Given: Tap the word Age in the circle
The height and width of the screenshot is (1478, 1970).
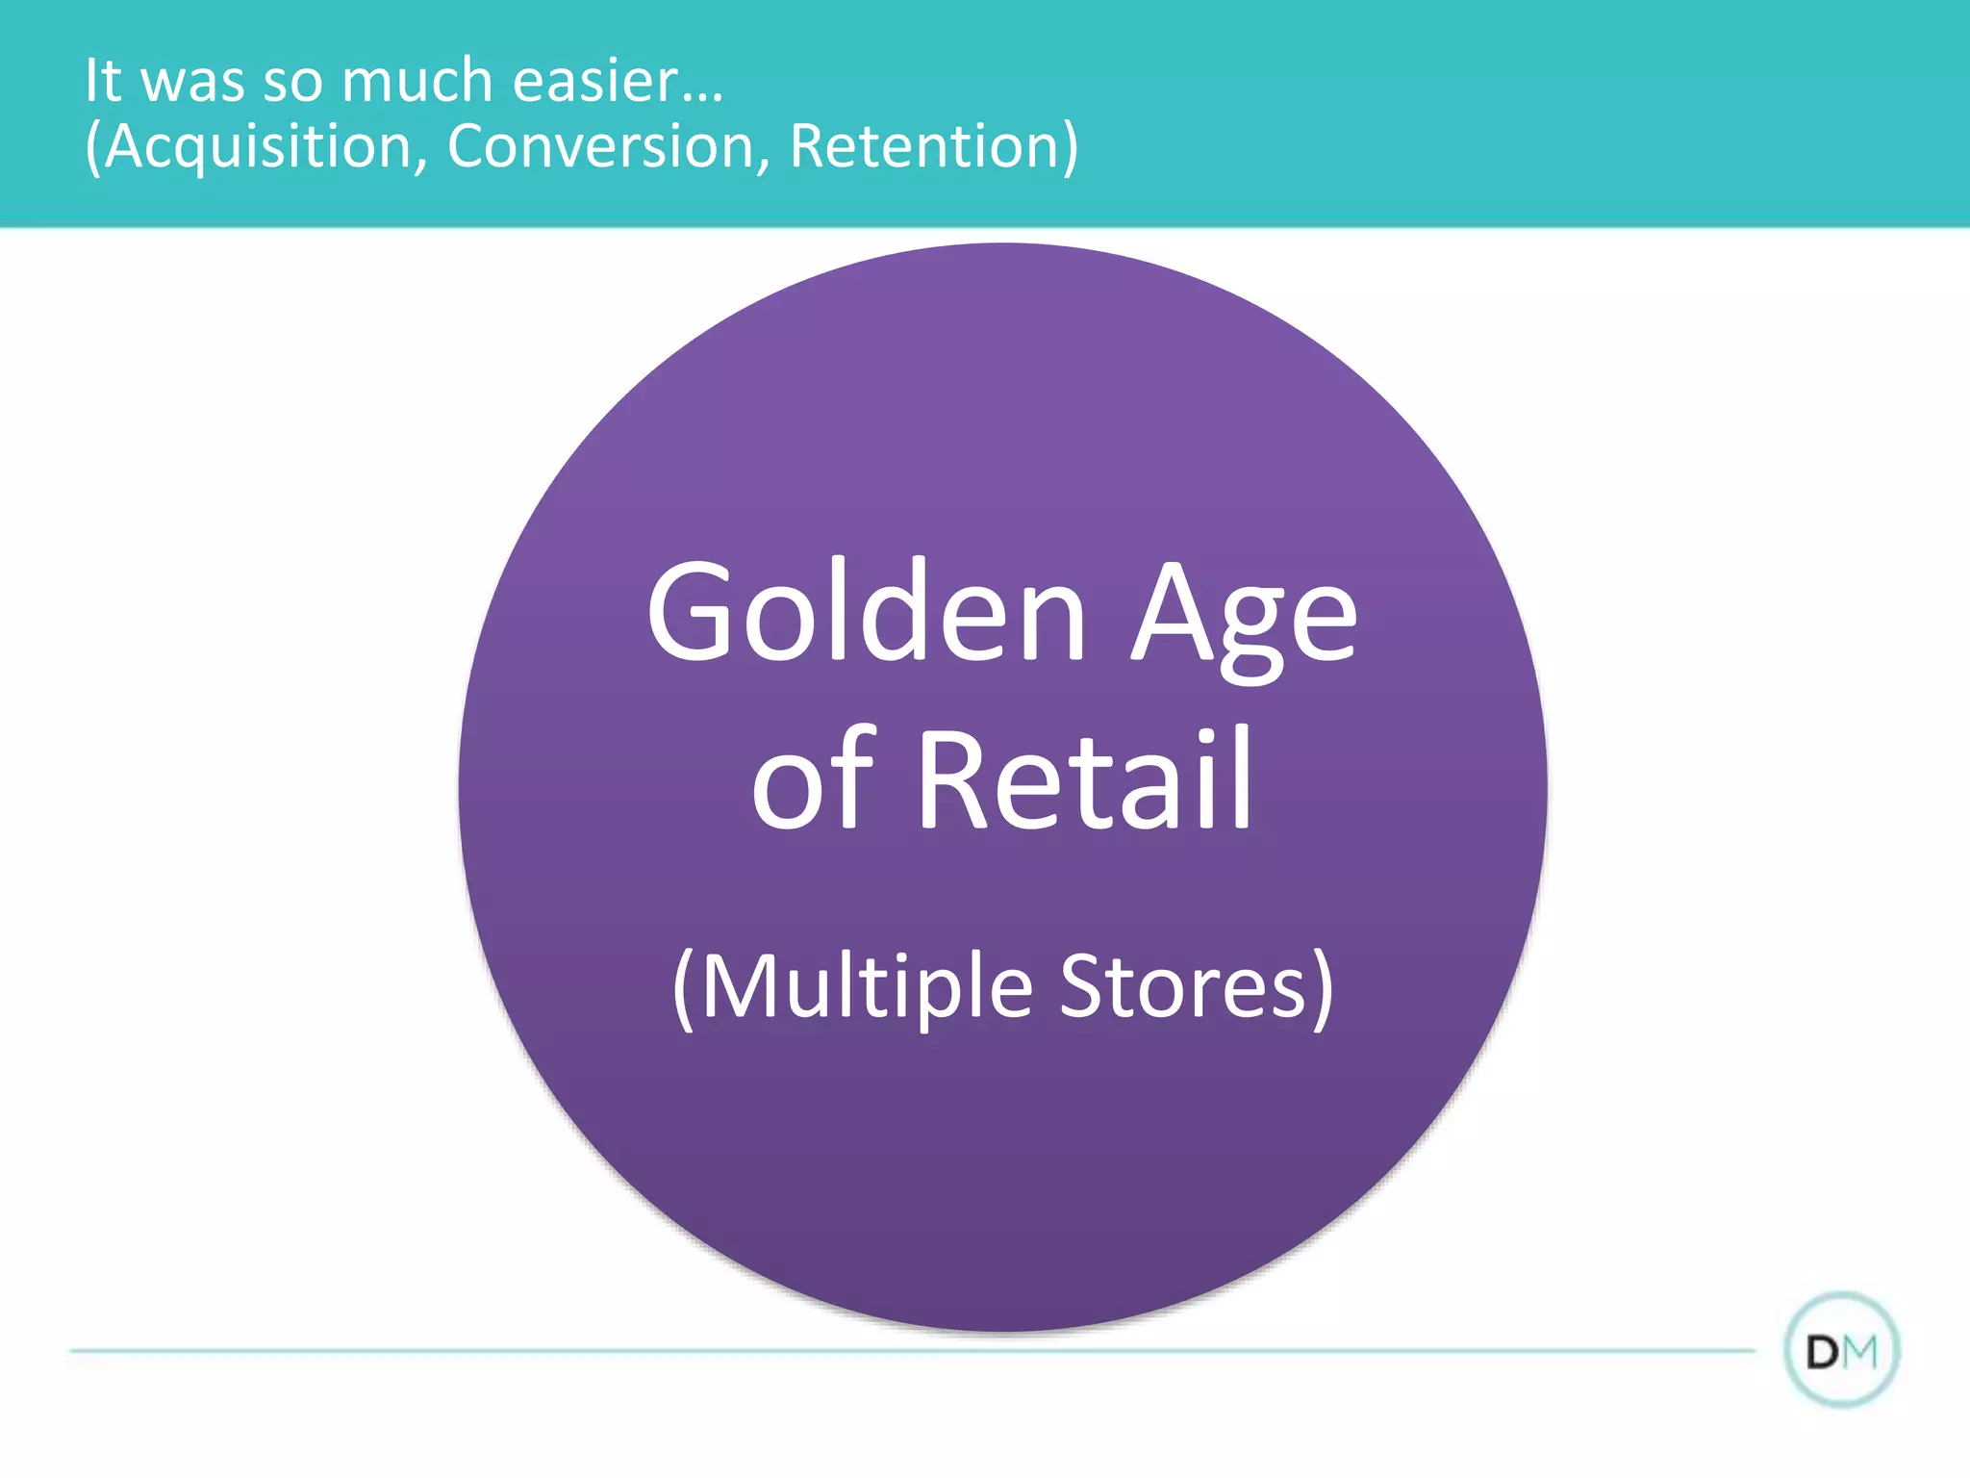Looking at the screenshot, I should click(1243, 616).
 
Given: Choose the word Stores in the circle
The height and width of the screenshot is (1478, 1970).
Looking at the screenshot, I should click(1183, 986).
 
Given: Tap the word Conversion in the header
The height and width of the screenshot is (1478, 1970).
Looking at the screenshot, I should click(600, 146).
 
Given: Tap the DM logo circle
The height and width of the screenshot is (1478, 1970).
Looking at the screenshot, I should click(1841, 1350).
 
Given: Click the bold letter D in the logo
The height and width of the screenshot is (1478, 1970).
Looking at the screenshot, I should click(1824, 1353).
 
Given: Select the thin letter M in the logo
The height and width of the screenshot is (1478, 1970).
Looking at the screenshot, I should click(1860, 1353).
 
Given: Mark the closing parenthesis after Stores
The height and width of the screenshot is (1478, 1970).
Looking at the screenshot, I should click(1324, 988).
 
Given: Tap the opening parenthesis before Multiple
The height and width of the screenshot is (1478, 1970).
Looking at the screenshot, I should click(683, 988).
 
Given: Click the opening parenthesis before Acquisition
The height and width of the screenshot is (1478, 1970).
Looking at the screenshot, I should click(93, 147).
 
